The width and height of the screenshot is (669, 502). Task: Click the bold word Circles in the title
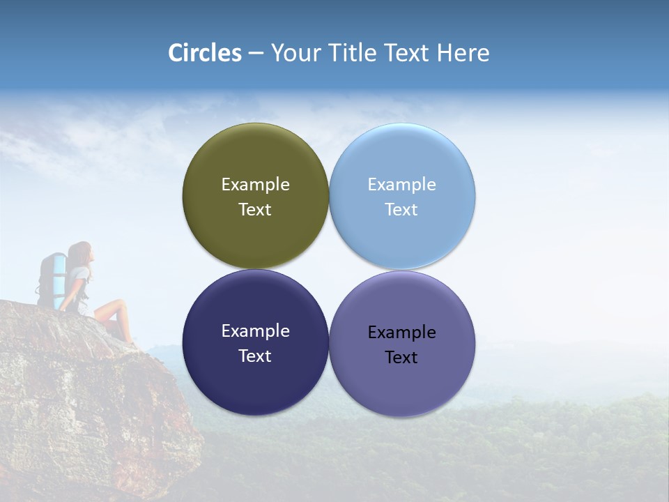[x=205, y=53]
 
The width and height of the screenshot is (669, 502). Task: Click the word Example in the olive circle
[x=255, y=184]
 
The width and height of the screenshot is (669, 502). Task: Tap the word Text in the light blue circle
[x=401, y=209]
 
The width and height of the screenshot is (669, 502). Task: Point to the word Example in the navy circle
[x=255, y=330]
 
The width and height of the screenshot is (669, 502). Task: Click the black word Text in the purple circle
[x=401, y=357]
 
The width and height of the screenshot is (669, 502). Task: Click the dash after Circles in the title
[x=256, y=54]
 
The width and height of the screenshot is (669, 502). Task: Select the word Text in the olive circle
[x=255, y=209]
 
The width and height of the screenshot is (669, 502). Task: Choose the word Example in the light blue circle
[x=401, y=184]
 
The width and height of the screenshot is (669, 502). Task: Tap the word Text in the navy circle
[x=255, y=356]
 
